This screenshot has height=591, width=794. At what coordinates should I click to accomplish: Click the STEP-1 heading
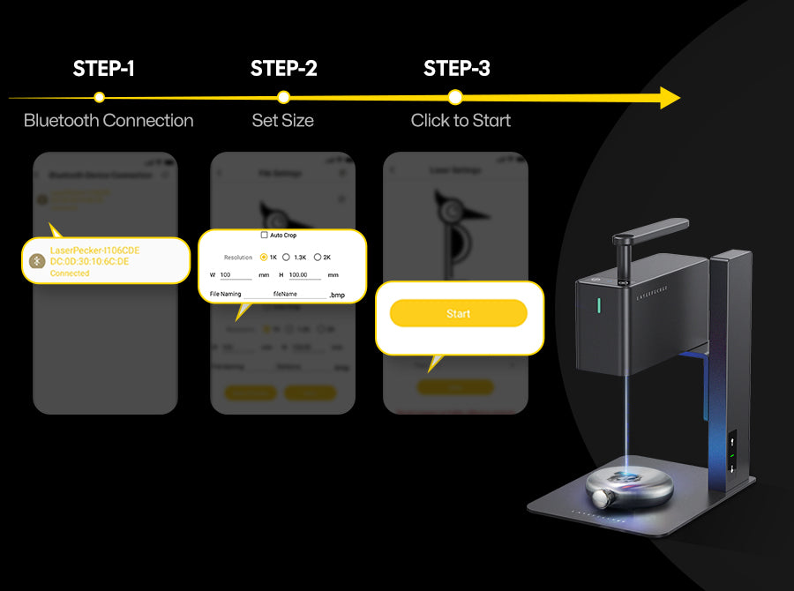click(104, 69)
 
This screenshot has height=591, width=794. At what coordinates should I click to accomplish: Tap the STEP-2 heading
click(283, 69)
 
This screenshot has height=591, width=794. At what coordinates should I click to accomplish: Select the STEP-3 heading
click(457, 69)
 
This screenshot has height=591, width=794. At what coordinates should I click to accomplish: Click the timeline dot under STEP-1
click(100, 98)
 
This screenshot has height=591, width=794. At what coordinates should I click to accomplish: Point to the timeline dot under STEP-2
click(283, 98)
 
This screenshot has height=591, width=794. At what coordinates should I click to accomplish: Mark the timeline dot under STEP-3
click(455, 98)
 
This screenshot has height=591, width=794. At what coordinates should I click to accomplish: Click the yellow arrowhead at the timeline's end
click(670, 98)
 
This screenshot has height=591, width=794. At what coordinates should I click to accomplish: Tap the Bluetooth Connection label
click(109, 121)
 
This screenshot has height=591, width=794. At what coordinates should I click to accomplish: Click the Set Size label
click(283, 121)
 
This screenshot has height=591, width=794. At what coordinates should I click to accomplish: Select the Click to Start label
click(461, 121)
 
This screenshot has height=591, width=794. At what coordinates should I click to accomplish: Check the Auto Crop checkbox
click(264, 236)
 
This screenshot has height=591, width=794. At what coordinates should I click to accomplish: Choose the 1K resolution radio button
click(264, 258)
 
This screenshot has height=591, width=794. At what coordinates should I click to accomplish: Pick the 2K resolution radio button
click(318, 258)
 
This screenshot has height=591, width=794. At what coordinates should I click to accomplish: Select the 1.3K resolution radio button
click(286, 258)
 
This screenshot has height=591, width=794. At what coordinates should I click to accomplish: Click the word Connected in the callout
click(70, 273)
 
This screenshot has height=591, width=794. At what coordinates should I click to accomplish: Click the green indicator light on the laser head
click(599, 305)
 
